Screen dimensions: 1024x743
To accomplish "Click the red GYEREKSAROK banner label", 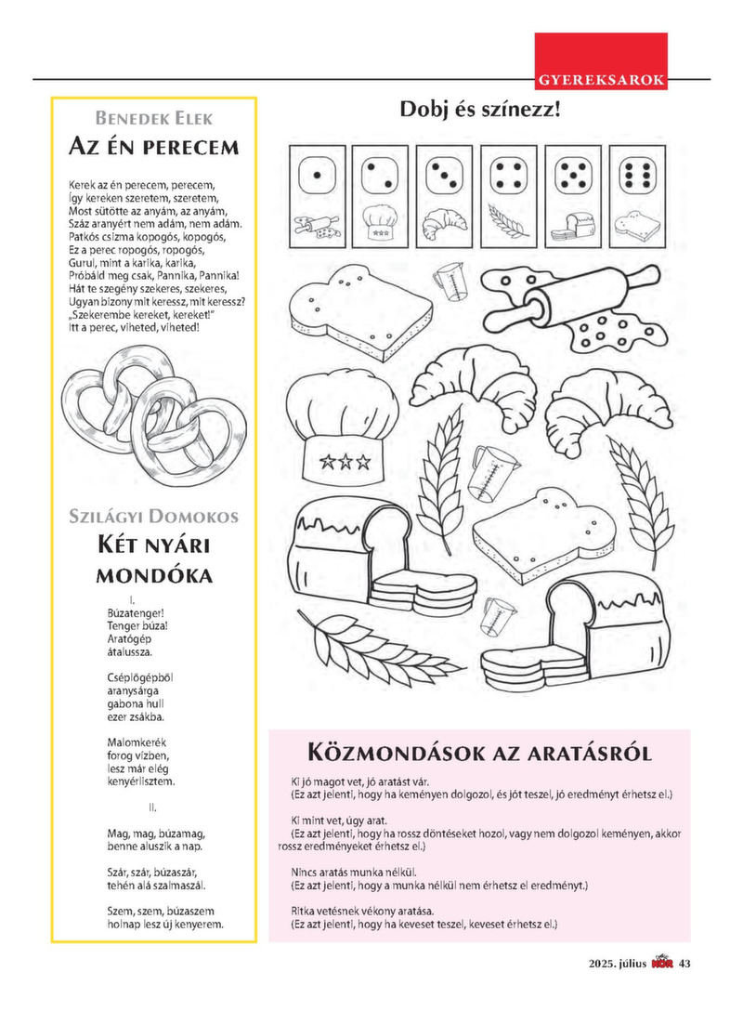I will point(601,80).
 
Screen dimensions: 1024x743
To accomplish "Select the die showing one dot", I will point(317,175).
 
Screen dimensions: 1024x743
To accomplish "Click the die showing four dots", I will point(507,175).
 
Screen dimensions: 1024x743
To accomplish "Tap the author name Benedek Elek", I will point(154,118).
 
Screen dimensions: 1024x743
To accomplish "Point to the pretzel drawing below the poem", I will point(154,414).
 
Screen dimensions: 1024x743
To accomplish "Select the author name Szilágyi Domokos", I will point(154,517).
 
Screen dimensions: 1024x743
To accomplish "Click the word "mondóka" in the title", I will point(154,574).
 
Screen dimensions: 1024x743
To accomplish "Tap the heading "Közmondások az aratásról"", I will point(479,752).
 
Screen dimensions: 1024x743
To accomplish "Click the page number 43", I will point(685,963).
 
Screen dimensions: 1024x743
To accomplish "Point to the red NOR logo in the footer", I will point(662,962).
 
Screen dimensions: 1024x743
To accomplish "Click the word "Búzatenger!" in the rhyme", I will point(136,613).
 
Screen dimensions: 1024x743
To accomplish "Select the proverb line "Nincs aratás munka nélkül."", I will point(353,873).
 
